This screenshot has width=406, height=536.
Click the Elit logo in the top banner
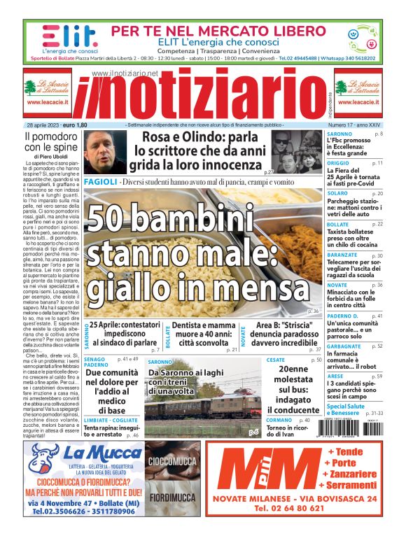[x=59, y=36]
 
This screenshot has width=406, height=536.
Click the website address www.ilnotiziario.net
[x=125, y=73]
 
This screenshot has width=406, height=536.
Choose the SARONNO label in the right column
[x=339, y=133]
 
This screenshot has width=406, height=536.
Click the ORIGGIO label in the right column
[x=339, y=162]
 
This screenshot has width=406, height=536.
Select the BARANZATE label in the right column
[x=342, y=256]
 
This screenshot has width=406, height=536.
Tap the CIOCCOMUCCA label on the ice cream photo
[x=172, y=461]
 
